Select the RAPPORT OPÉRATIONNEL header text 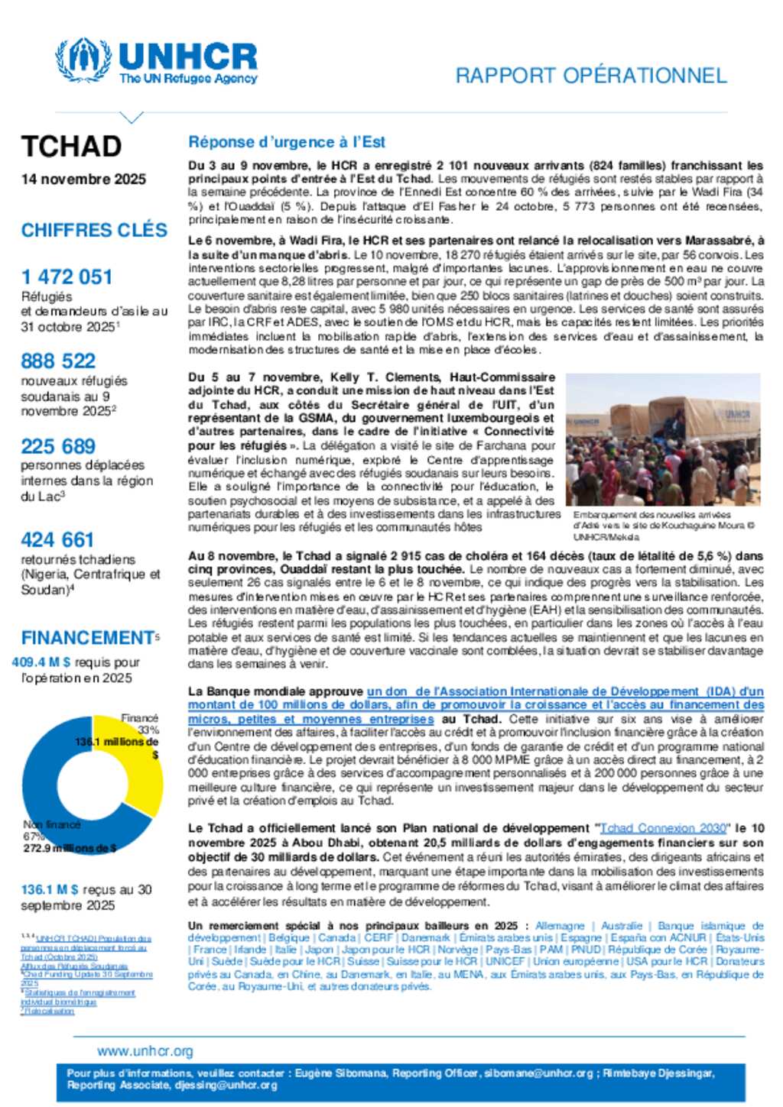pos(590,76)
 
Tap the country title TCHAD pos(71,146)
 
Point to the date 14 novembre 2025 pos(83,179)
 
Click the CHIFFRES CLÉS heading pos(94,230)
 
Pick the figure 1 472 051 pos(67,277)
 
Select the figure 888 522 pos(59,361)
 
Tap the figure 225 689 pos(59,446)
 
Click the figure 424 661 pos(57,539)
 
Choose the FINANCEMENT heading pos(88,637)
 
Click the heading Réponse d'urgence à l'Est pos(287,142)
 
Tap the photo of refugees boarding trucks pos(663,439)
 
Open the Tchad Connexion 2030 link pos(663,828)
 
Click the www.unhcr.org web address pos(145,1051)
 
